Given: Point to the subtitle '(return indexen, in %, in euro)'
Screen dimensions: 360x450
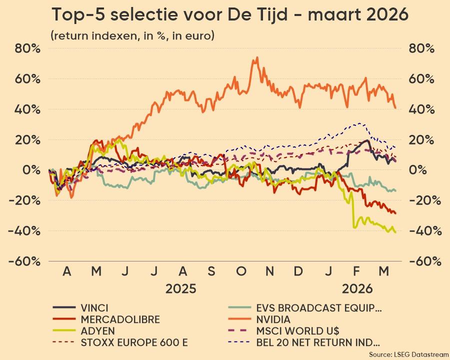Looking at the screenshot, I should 132,35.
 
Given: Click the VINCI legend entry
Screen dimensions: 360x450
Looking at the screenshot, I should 94,307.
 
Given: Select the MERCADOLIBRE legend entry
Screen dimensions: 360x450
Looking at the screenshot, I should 120,319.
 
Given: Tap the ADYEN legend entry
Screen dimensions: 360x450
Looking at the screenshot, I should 97,330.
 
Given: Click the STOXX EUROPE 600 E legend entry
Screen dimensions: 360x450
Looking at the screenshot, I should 134,342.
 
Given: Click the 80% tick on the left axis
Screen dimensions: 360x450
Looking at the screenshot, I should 28,48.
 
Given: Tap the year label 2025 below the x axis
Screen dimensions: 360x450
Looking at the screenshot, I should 180,289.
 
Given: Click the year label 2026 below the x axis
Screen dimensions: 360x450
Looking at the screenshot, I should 357,289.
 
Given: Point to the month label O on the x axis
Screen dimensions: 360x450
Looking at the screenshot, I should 241,271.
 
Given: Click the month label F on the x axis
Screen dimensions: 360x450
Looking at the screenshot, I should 356,271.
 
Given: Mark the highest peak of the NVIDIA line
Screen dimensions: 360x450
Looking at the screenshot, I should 257,57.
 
